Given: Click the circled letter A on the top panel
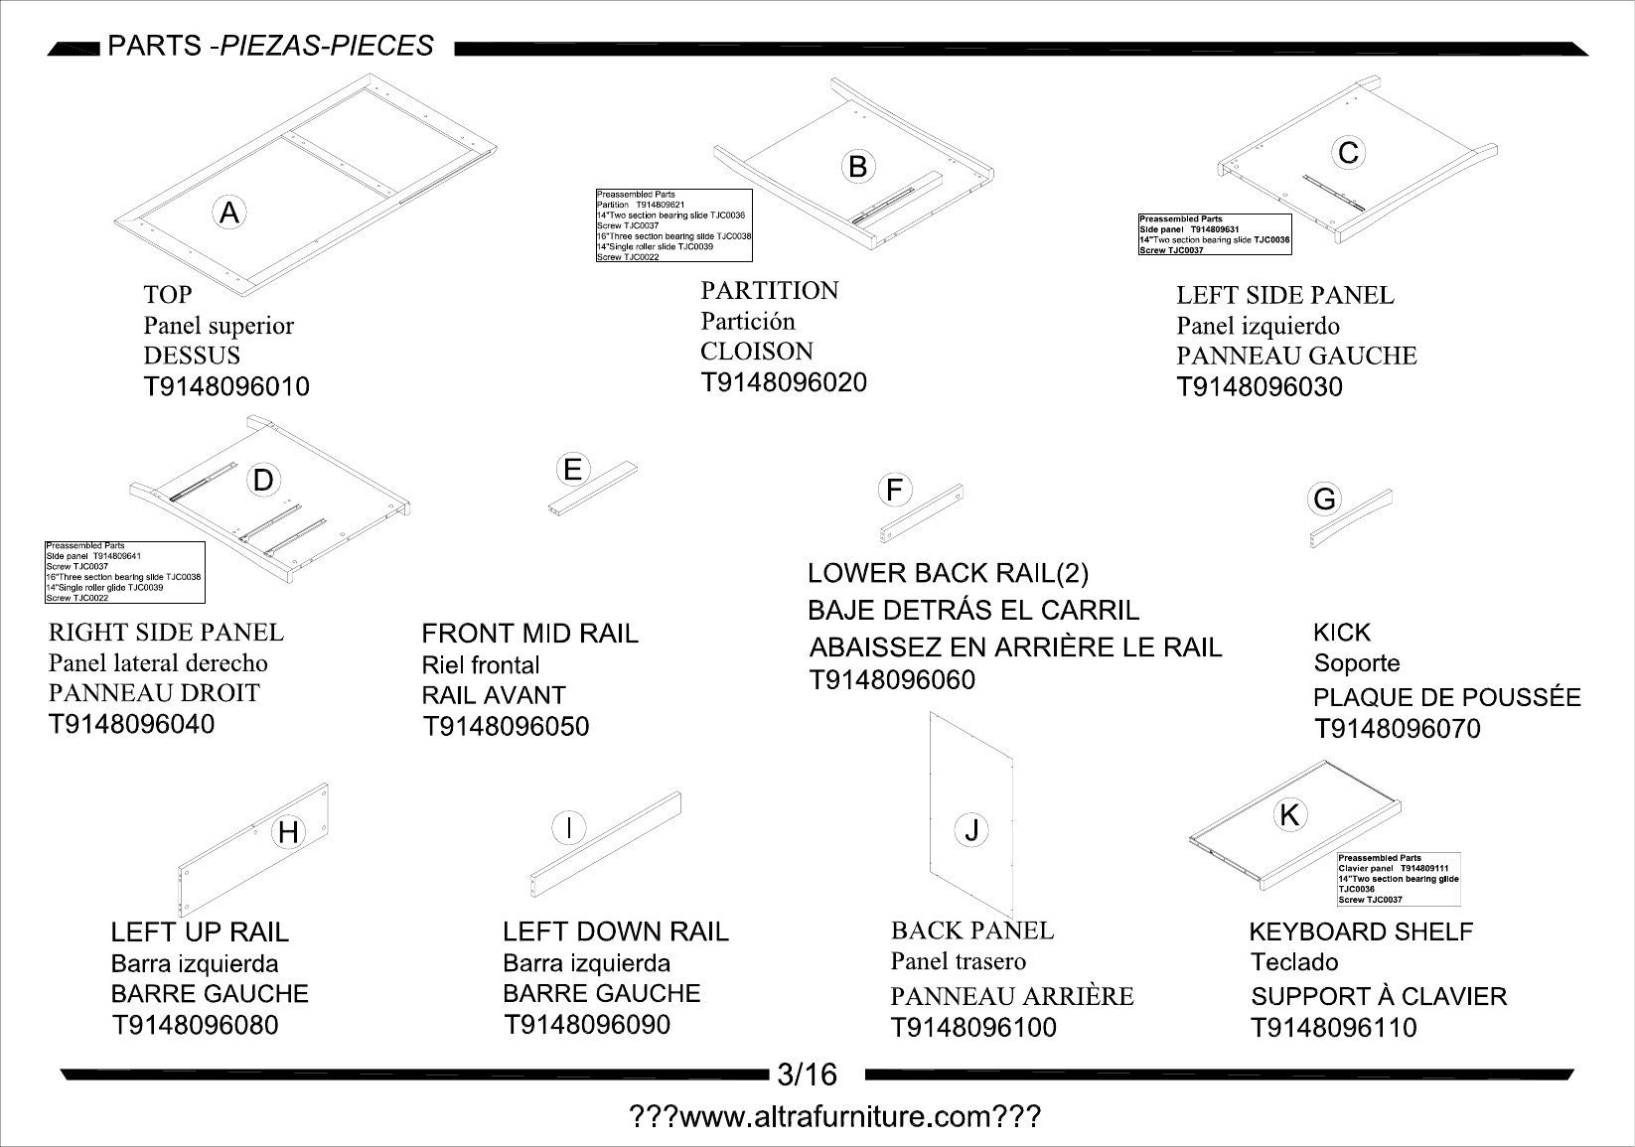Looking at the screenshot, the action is tap(229, 214).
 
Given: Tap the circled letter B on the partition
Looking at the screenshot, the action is tap(857, 167).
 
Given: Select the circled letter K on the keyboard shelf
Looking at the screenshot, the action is tap(1289, 815).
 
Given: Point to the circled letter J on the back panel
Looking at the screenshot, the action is tap(971, 830).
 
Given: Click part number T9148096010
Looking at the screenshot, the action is tap(226, 386).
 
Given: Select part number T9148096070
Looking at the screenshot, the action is tap(1397, 729).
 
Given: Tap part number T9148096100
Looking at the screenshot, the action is tap(973, 1028).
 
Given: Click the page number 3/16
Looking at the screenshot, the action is tap(807, 1075).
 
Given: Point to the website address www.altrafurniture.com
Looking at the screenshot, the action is tap(835, 1116).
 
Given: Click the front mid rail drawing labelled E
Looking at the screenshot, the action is tap(593, 489).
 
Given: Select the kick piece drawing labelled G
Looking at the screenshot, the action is tap(1351, 518).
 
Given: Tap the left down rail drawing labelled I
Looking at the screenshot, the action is tap(606, 844).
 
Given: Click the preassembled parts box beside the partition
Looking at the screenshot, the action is tap(674, 225).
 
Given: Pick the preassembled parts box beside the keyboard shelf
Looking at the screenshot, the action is tap(1399, 879).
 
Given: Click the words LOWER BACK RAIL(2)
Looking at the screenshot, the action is tap(948, 574).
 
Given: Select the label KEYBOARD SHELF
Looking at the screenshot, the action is tap(1361, 932).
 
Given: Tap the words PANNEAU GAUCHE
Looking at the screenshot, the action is tap(1296, 357).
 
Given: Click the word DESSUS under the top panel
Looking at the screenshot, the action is tap(192, 356).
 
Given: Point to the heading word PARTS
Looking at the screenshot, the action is tap(154, 46).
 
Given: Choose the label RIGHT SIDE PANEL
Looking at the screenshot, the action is tap(166, 632).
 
